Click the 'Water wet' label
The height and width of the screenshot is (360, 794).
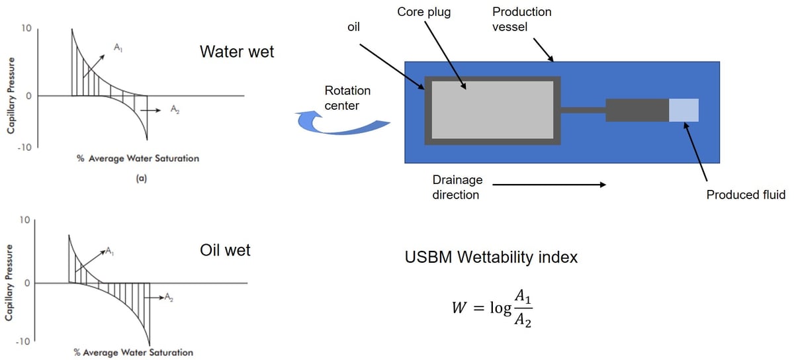tap(236, 52)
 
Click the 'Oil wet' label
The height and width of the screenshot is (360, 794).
tap(225, 251)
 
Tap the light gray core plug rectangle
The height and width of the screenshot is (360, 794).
tap(492, 109)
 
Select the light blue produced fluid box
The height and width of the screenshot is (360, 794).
tap(684, 110)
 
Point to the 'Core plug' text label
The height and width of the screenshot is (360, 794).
tap(424, 12)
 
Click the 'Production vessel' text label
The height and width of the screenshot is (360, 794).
tap(521, 20)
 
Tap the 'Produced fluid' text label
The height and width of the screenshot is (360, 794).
tap(745, 195)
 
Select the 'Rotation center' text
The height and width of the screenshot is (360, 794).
tap(347, 98)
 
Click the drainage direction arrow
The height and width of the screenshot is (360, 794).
tap(549, 185)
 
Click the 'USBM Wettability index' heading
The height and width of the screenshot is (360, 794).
tap(491, 257)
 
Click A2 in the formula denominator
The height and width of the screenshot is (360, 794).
tap(522, 321)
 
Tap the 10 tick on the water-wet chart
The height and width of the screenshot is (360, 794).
tap(26, 28)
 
